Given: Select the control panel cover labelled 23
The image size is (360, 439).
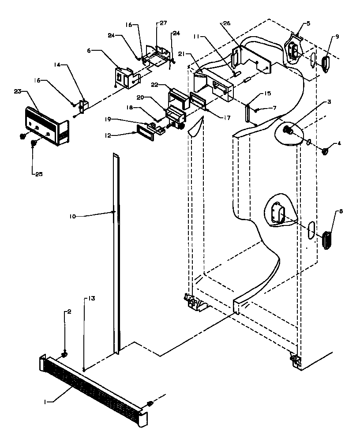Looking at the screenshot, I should [x=46, y=126].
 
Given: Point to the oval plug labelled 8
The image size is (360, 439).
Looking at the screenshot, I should [x=328, y=240].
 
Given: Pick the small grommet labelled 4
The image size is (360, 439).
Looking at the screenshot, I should [x=326, y=151].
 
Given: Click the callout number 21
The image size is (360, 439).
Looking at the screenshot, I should [x=181, y=53].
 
